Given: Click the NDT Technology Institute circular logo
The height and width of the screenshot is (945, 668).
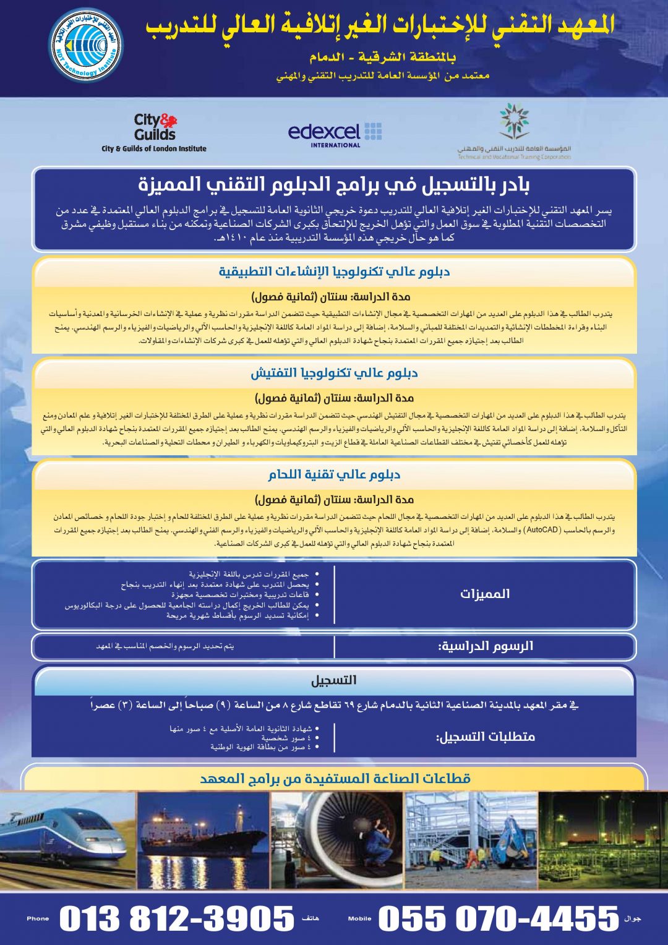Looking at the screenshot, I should (86, 45).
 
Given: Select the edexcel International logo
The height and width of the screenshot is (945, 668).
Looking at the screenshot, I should (335, 134).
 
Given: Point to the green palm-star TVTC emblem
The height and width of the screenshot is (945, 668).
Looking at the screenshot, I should (514, 121).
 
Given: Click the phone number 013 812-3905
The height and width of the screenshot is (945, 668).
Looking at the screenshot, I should (177, 918).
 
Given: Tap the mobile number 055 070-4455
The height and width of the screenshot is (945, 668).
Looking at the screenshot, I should (499, 918).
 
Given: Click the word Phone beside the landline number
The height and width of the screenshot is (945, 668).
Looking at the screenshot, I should (38, 918).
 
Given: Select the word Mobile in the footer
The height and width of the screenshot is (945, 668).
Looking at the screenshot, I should (359, 918).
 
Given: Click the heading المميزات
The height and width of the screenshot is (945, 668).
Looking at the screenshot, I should (485, 594).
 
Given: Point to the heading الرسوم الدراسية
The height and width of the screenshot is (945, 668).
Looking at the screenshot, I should (486, 646).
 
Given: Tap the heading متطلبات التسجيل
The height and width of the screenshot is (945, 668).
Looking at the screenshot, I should (486, 737).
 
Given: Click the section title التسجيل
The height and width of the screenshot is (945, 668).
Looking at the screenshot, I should (333, 680).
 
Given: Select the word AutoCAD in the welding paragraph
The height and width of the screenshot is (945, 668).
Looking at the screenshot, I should (542, 530).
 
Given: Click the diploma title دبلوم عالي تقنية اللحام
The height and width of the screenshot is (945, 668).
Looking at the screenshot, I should (334, 474).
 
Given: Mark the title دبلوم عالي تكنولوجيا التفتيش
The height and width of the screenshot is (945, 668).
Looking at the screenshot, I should (334, 373).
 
